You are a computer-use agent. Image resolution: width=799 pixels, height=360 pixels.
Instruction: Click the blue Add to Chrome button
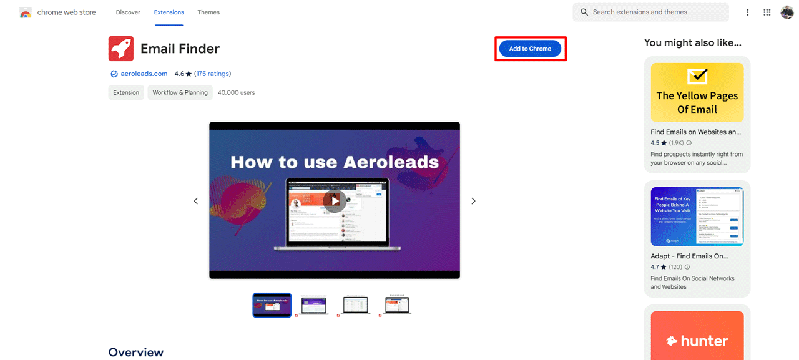(530, 49)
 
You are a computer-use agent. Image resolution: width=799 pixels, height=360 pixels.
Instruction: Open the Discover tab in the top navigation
(128, 12)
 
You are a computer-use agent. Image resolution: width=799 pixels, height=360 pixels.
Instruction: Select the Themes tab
(208, 12)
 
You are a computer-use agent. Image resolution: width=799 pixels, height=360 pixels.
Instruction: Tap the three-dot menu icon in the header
(748, 12)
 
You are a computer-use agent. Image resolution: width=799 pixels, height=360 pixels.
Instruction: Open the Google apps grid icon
(767, 12)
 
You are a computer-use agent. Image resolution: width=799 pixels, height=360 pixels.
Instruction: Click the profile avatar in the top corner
(787, 12)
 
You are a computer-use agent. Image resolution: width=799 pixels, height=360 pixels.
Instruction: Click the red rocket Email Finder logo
(121, 49)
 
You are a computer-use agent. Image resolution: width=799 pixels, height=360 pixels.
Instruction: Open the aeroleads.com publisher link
(144, 74)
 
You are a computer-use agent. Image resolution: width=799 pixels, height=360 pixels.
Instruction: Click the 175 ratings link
(212, 74)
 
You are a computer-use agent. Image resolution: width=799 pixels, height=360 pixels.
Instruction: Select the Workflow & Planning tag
(180, 92)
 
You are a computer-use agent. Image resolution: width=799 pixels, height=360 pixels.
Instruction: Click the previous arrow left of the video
(196, 201)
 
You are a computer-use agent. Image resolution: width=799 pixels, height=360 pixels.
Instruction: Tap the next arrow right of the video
(473, 201)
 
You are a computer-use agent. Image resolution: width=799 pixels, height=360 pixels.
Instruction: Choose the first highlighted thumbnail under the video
(272, 305)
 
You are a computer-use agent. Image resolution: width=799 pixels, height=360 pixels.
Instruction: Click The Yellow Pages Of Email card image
(697, 92)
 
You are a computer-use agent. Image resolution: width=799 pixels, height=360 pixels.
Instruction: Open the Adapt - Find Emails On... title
(689, 256)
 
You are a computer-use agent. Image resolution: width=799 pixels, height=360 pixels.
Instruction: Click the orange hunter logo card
(697, 337)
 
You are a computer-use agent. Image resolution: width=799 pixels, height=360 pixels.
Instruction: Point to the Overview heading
(136, 352)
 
